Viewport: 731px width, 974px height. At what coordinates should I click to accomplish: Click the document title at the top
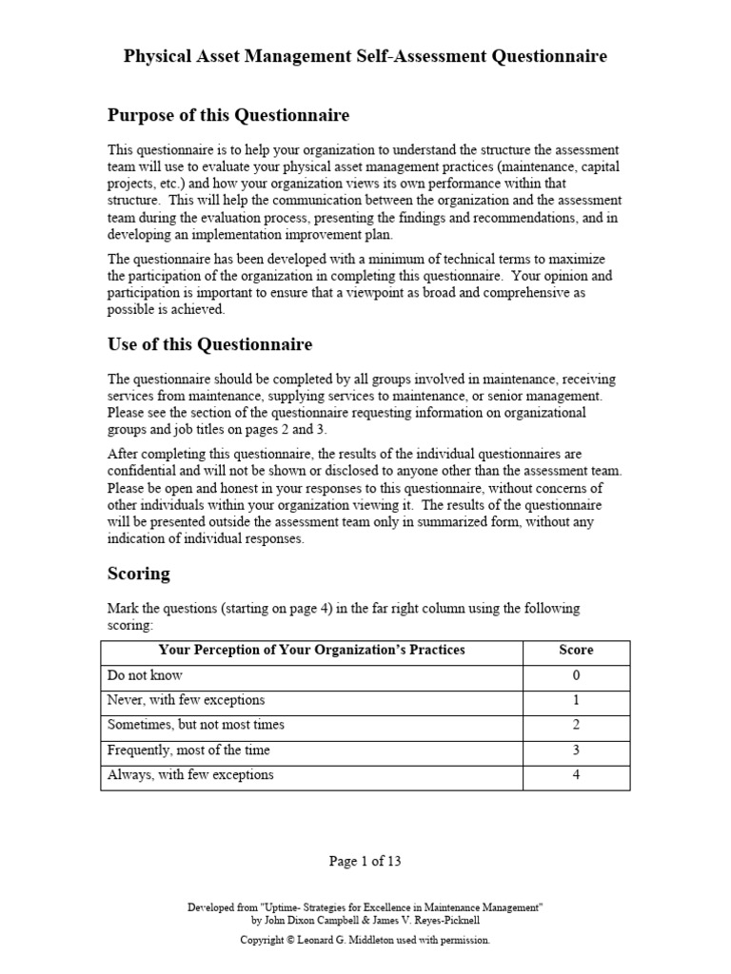tap(365, 57)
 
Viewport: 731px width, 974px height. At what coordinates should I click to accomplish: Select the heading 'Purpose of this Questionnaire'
tap(227, 116)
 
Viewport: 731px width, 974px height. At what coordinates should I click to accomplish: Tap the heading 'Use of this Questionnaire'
tap(209, 344)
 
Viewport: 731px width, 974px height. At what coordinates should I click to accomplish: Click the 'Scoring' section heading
tap(138, 574)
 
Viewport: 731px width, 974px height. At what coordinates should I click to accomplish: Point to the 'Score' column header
tap(576, 651)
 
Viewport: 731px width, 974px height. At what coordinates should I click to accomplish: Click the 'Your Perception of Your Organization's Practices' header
tap(312, 651)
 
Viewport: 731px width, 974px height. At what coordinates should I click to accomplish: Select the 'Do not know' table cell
tap(145, 675)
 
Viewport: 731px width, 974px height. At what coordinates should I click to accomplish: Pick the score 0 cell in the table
tap(576, 675)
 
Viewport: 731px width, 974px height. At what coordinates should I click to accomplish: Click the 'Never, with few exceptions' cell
tap(186, 700)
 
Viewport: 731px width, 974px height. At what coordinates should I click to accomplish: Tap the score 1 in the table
tap(576, 700)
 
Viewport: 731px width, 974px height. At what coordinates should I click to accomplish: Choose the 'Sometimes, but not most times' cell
tap(195, 725)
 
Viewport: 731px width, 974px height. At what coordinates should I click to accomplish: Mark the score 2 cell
tap(576, 725)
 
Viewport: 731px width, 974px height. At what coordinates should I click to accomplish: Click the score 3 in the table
tap(576, 750)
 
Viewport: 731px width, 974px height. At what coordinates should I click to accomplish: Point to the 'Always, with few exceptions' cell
tap(190, 774)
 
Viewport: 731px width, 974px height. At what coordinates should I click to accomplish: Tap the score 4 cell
tap(576, 774)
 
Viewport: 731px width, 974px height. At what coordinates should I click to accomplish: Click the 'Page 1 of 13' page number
tap(365, 862)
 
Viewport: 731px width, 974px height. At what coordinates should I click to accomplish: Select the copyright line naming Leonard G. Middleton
tap(365, 940)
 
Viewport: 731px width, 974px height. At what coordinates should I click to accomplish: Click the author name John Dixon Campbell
tap(309, 922)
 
